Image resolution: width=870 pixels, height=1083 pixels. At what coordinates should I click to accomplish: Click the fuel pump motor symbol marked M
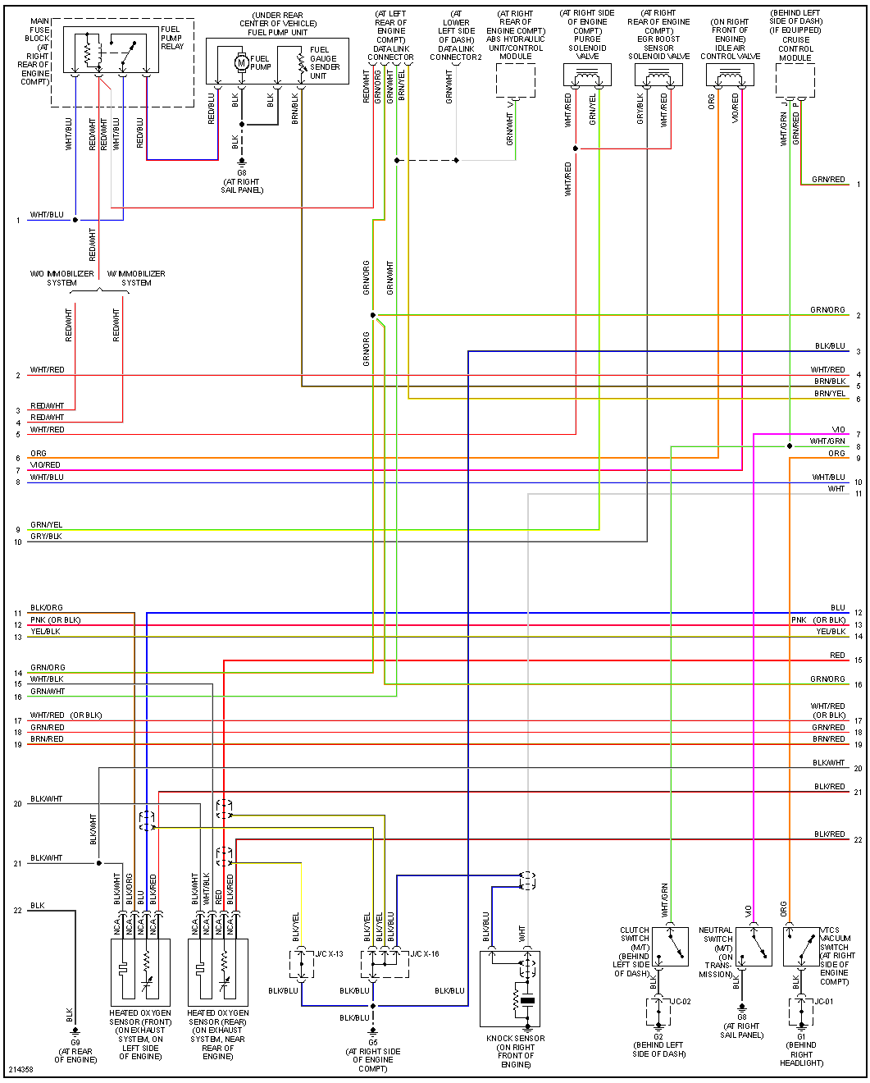pyautogui.click(x=241, y=62)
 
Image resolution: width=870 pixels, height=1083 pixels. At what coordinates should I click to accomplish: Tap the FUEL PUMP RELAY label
pyautogui.click(x=171, y=38)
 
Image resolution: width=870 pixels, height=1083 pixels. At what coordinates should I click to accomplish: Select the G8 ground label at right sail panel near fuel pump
pyautogui.click(x=242, y=173)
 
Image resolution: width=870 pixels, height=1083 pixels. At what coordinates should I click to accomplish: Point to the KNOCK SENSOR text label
pyautogui.click(x=515, y=1039)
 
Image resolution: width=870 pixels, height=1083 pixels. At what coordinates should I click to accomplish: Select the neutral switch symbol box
pyautogui.click(x=754, y=947)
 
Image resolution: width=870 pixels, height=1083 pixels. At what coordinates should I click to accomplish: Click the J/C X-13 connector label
pyautogui.click(x=330, y=954)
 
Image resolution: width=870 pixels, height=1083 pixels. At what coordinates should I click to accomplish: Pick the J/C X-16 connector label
pyautogui.click(x=425, y=954)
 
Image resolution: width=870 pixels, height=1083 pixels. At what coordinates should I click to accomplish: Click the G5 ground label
pyautogui.click(x=373, y=1043)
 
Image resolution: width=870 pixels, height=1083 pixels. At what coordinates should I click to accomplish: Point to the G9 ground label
pyautogui.click(x=75, y=1043)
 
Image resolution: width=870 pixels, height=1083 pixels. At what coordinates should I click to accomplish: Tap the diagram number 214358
pyautogui.click(x=21, y=1070)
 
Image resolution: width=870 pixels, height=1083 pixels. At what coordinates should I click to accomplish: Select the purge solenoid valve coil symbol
pyautogui.click(x=587, y=77)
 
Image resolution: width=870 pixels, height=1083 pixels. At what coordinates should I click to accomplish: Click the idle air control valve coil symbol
pyautogui.click(x=730, y=77)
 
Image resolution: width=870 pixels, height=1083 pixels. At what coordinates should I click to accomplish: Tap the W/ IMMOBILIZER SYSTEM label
pyautogui.click(x=136, y=278)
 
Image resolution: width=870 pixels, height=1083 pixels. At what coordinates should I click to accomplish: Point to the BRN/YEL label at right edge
pyautogui.click(x=829, y=394)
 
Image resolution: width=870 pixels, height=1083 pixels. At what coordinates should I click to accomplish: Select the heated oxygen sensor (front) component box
pyautogui.click(x=140, y=972)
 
